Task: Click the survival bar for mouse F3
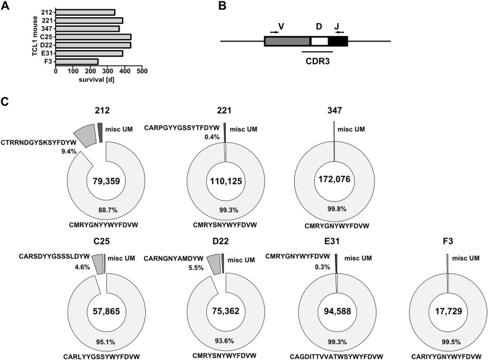click(77, 61)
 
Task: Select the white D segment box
click(319, 41)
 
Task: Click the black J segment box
click(337, 41)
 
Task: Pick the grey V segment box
click(287, 41)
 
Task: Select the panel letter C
click(6, 105)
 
